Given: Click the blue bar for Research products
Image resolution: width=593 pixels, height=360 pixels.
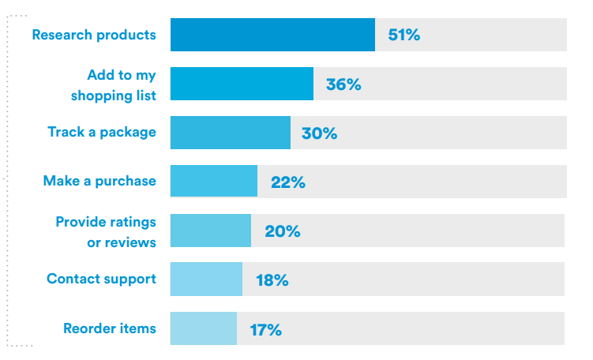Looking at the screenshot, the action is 272,35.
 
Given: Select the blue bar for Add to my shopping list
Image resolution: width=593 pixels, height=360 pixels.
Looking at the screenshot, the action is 242,84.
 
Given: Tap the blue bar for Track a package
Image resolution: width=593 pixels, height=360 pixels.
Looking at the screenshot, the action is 231,133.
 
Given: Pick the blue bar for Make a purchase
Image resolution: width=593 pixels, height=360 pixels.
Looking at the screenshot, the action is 214,181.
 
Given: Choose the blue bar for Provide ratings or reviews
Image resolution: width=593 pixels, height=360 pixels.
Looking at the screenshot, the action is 211,231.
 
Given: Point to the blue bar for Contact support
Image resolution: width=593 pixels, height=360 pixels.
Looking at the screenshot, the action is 207,279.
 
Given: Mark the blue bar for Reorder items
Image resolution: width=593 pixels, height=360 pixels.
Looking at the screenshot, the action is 204,328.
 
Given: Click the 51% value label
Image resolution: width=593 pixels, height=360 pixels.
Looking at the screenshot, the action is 404,35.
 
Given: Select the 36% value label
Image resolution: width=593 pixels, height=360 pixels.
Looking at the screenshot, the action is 343,84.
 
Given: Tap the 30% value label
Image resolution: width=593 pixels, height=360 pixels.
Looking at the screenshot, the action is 319,133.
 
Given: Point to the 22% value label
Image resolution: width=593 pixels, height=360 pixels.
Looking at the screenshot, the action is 288,182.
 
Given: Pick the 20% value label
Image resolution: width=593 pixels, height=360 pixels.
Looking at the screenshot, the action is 283,231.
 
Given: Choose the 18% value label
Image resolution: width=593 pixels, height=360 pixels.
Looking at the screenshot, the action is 272,280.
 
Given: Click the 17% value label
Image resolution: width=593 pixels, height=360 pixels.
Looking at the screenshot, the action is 266,330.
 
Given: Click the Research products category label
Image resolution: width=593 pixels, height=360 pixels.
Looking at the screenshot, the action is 94,35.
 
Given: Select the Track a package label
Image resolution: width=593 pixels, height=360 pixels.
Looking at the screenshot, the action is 102,132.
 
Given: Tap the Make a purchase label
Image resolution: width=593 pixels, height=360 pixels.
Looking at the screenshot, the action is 99,181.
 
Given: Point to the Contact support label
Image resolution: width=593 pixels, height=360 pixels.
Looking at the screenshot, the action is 101,279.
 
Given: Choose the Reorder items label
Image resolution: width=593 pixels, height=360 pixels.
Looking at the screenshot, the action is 110,328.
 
